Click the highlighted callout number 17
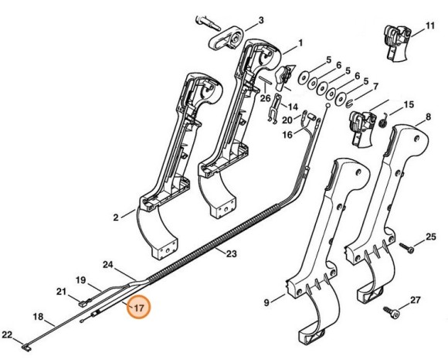point(137,307)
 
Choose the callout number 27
point(414,300)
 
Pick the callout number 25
point(431,236)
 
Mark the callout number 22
point(7,335)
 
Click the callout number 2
point(117,218)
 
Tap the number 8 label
point(426,118)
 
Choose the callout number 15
point(409,104)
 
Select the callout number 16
point(287,135)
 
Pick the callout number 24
point(109,265)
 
